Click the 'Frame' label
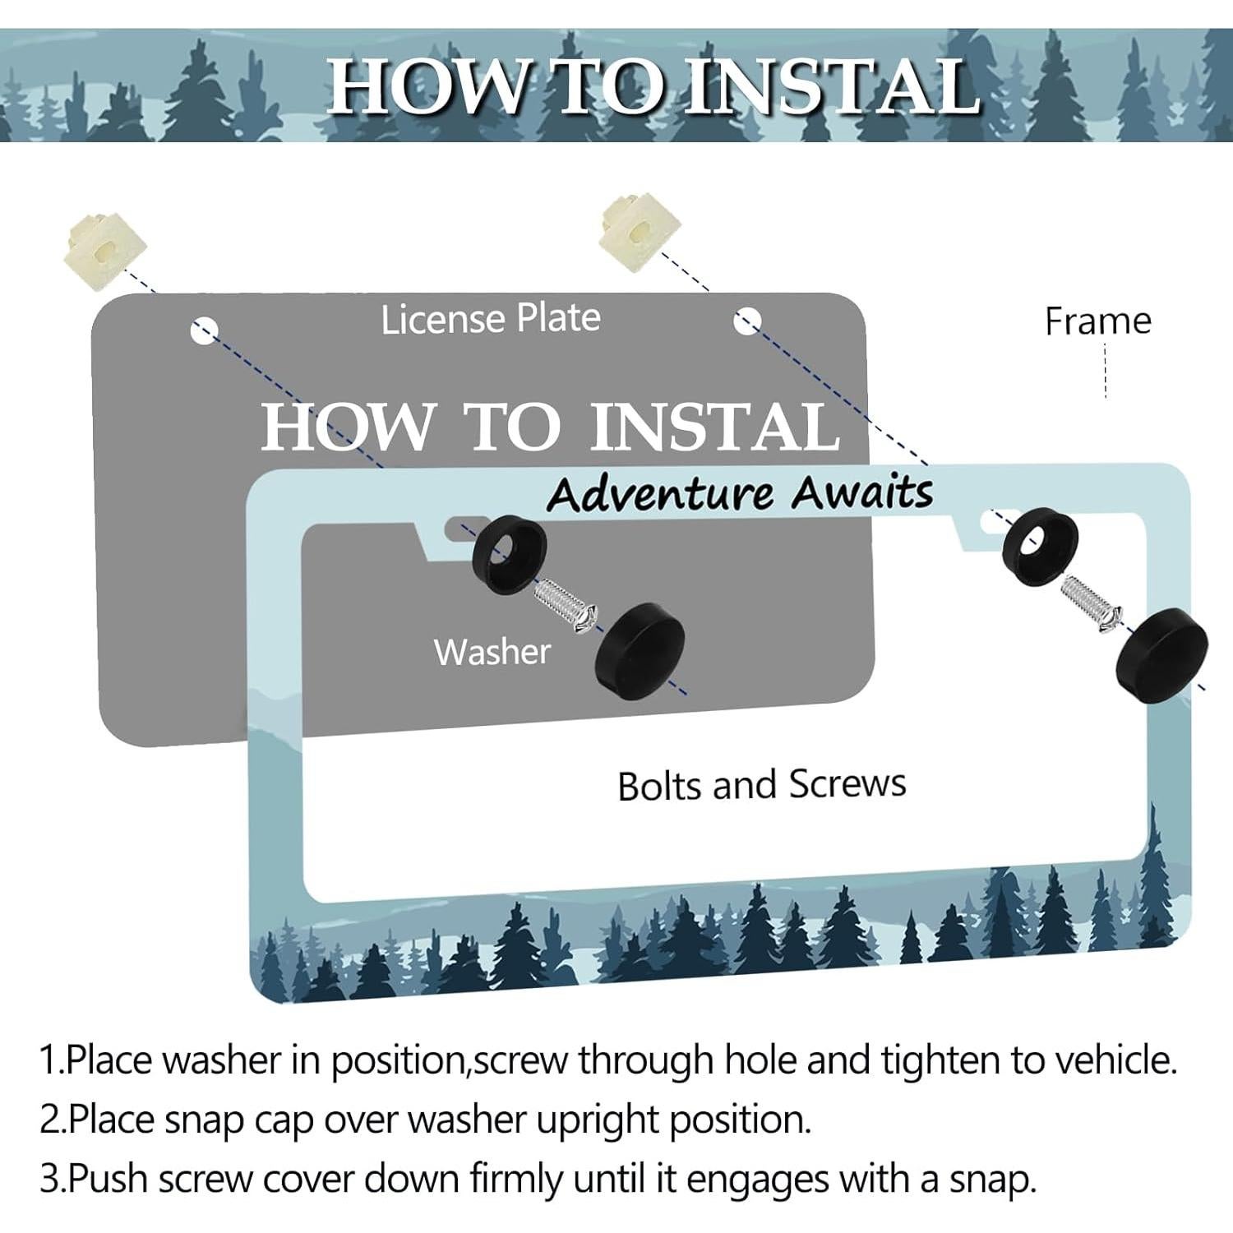(1097, 321)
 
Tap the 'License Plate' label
(491, 318)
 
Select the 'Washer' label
(492, 652)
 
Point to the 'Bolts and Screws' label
(762, 784)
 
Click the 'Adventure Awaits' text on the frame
(740, 493)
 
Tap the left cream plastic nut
(104, 247)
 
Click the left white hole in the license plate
(204, 330)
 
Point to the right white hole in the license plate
(746, 320)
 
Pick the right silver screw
(1091, 604)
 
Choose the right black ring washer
(1040, 547)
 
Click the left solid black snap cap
(640, 652)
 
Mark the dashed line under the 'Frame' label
(1106, 371)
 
